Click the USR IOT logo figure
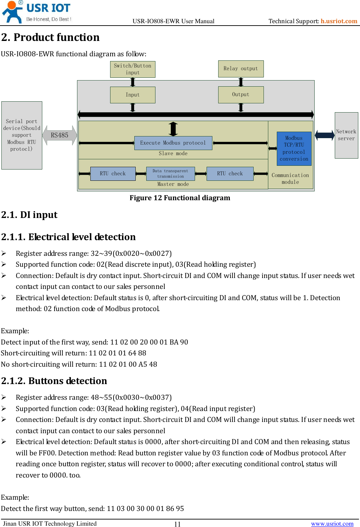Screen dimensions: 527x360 click(12, 12)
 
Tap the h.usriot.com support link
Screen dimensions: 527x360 click(339, 21)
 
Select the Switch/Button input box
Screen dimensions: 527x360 click(133, 69)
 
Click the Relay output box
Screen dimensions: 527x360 click(241, 69)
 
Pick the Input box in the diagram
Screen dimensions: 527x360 click(133, 95)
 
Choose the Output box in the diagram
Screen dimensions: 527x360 click(241, 94)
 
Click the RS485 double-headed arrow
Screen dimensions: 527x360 click(60, 135)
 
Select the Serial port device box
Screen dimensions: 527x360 click(22, 135)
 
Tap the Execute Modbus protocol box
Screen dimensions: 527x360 click(173, 143)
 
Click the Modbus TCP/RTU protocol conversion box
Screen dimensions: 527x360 click(294, 149)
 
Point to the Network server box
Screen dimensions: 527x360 click(346, 135)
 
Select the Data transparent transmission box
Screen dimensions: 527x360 click(170, 174)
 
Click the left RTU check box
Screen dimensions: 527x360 click(113, 174)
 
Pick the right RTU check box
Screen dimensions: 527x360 click(230, 174)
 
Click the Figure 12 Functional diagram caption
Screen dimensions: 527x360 click(180, 198)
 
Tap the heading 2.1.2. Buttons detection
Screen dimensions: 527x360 click(54, 381)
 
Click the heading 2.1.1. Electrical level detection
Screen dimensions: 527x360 click(69, 237)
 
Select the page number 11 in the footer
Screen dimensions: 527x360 click(177, 524)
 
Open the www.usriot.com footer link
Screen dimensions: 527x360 click(332, 524)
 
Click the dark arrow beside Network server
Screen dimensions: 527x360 click(325, 135)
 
